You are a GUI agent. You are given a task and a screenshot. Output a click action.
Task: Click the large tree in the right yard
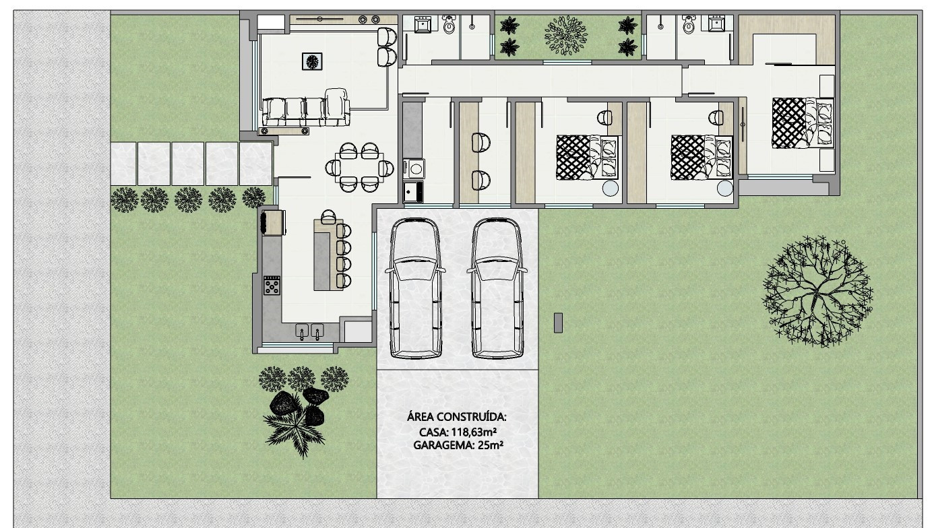click(817, 291)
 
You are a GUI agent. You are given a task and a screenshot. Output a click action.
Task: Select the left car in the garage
click(415, 288)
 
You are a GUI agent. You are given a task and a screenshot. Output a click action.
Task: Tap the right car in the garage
click(497, 288)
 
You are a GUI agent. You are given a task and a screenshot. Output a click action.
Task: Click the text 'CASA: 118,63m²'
click(458, 432)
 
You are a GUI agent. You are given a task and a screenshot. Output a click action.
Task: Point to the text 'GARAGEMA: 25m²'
click(458, 445)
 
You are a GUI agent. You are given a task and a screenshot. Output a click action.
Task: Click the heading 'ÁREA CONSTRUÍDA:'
click(457, 417)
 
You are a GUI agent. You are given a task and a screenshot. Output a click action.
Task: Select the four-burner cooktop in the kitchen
click(272, 286)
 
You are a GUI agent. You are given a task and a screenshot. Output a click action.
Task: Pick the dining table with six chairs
click(359, 167)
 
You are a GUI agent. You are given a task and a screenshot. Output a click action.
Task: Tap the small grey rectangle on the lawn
click(558, 323)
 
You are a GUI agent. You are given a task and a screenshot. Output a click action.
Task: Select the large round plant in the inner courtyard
click(565, 35)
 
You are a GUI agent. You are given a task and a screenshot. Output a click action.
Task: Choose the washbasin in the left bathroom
click(424, 26)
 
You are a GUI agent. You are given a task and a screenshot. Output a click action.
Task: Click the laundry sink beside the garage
click(413, 191)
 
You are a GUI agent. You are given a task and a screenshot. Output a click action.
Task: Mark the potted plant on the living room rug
click(312, 61)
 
